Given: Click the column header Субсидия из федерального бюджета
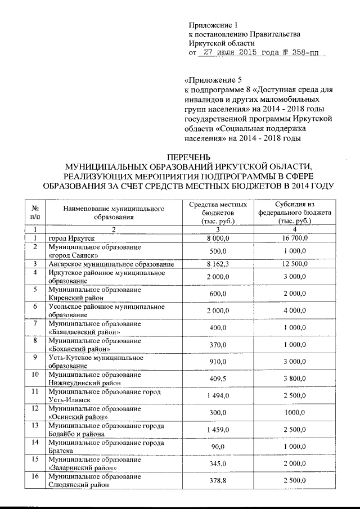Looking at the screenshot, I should click(x=295, y=212).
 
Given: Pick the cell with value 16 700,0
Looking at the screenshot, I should click(x=295, y=239).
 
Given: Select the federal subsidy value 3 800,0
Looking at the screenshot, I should click(x=295, y=379).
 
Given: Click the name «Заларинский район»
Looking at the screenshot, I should click(x=83, y=467).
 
